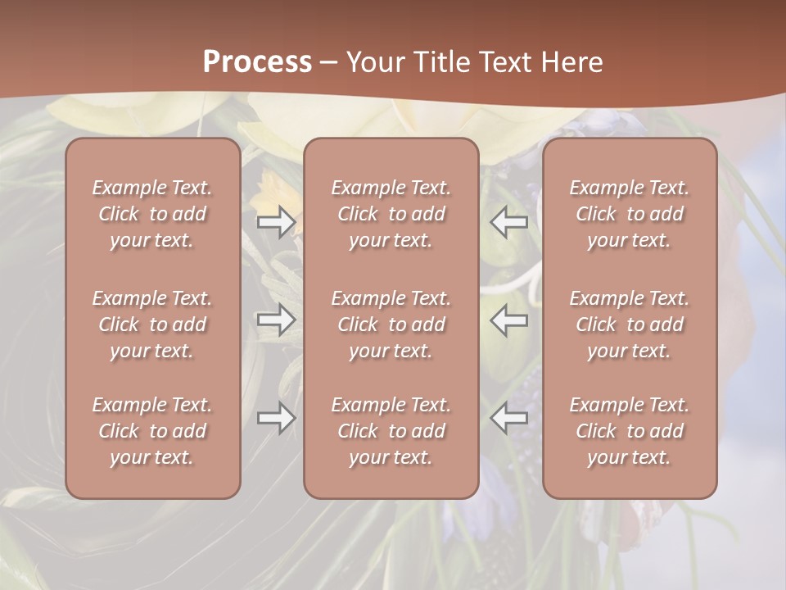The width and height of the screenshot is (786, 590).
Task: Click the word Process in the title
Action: [257, 62]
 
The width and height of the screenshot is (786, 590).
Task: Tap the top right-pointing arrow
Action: [276, 222]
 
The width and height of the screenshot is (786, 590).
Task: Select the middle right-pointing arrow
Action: [276, 320]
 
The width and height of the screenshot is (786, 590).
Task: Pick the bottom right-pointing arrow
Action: [276, 418]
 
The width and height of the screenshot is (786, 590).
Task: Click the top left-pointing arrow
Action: [509, 222]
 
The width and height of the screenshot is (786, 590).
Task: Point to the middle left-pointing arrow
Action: [509, 320]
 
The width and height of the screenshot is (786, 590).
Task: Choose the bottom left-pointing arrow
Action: [509, 418]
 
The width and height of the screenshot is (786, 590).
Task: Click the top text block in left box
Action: [152, 214]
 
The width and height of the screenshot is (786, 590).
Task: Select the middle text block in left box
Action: [152, 324]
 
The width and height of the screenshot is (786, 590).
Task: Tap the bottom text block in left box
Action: [152, 431]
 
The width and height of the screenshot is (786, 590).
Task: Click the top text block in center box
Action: [391, 214]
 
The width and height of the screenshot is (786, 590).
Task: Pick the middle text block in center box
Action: [391, 324]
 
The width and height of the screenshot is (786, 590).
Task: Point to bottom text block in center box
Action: [391, 431]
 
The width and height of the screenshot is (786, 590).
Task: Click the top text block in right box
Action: [630, 214]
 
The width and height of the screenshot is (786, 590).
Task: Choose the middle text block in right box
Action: [630, 324]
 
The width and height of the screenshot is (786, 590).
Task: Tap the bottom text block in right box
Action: [630, 431]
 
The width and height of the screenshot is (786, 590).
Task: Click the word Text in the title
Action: [508, 62]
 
